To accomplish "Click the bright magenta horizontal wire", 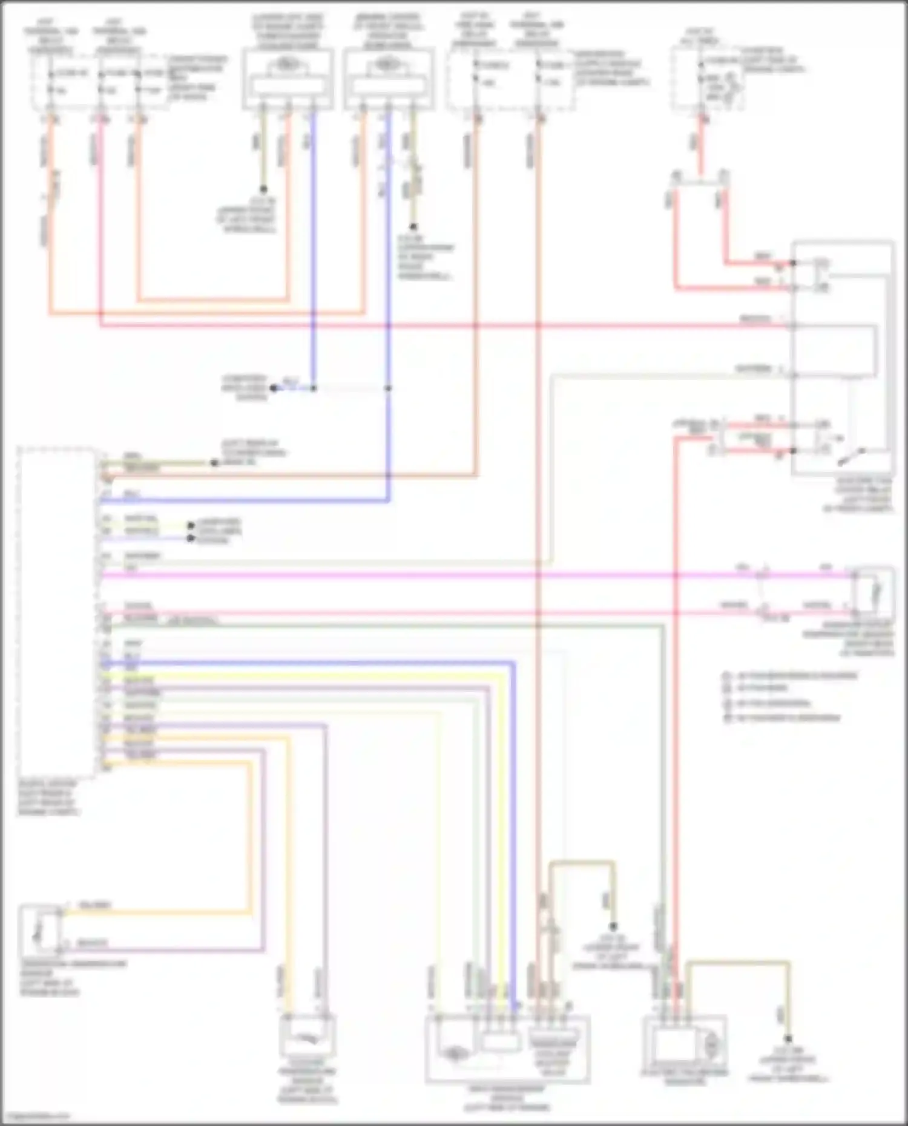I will (x=424, y=574).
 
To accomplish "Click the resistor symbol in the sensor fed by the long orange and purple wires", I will (x=40, y=928).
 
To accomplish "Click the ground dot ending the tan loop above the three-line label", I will (x=613, y=926).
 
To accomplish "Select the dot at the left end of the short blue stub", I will (x=274, y=388).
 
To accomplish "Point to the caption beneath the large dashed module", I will (x=48, y=797).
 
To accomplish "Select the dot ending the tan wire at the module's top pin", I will (x=214, y=463).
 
